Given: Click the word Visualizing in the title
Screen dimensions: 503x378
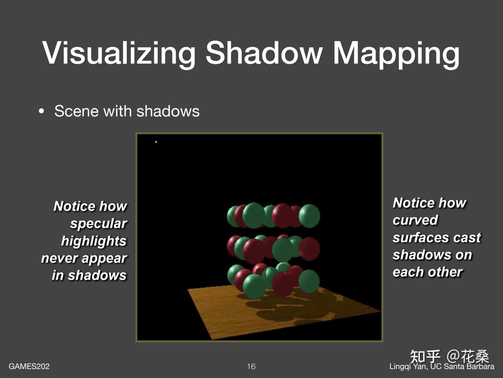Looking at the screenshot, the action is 119,54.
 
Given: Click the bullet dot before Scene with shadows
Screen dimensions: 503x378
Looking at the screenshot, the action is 41,112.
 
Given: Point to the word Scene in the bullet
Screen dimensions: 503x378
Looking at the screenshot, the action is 77,112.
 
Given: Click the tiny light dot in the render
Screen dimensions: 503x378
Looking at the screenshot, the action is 156,142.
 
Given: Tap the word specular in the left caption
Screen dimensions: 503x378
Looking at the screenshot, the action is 98,224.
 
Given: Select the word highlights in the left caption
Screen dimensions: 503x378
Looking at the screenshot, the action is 94,241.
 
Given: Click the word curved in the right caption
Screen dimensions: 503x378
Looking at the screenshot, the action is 415,220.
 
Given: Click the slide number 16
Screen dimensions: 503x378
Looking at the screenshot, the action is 251,366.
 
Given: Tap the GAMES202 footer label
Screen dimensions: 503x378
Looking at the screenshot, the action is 29,366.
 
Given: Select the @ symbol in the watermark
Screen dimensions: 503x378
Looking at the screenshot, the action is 453,356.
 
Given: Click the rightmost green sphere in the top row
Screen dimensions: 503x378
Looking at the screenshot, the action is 309,216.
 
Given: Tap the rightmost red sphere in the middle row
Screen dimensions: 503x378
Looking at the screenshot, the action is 309,249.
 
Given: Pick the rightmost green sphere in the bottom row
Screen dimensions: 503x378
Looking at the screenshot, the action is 309,281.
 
